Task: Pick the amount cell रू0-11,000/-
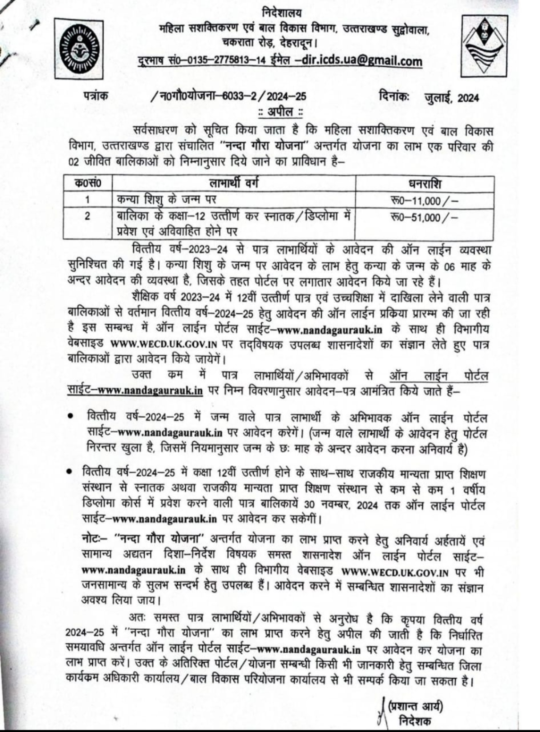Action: point(424,201)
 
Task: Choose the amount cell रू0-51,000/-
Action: point(424,217)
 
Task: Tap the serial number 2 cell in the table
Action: point(88,216)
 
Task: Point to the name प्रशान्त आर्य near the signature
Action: point(415,706)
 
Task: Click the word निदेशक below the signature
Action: point(414,721)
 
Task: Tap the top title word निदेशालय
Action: point(281,12)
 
